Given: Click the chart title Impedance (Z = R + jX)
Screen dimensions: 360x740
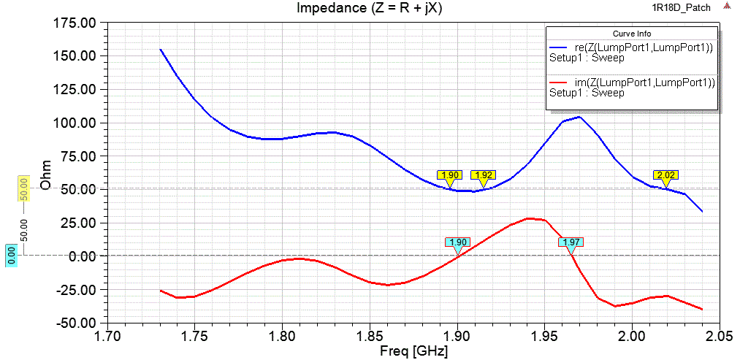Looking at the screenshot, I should (369, 8).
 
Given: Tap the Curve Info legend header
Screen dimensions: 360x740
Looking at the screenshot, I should (632, 34).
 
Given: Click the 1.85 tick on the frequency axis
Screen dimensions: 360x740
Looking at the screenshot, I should (370, 337).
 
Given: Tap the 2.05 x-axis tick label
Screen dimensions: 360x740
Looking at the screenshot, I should (720, 337).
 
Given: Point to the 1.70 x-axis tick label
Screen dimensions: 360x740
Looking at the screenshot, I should (108, 337).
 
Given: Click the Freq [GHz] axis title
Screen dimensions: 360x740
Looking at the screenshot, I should (414, 351).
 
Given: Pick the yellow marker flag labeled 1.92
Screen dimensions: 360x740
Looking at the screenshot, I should (483, 175).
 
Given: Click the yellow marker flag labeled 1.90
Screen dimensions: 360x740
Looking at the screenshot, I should (449, 175).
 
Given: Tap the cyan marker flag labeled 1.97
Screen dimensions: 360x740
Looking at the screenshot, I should (571, 242).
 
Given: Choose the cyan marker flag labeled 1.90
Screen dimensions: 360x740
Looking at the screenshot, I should (458, 242).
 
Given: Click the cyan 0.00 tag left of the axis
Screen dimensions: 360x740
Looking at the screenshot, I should (11, 256).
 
